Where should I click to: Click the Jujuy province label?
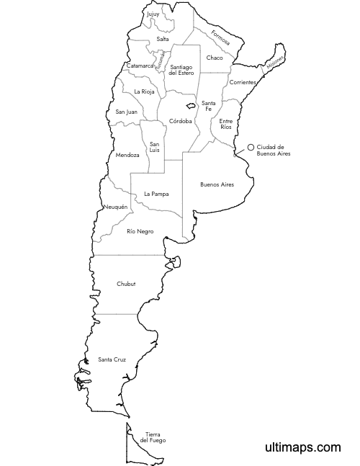(153, 14)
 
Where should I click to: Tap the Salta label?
(163, 39)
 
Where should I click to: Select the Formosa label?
(220, 37)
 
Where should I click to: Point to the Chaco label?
(215, 58)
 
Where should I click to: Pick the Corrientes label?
(243, 82)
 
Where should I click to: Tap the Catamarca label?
(140, 66)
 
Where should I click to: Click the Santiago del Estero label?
(182, 70)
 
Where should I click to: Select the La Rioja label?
(144, 91)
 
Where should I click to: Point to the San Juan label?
(126, 112)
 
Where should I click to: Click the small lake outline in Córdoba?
(190, 106)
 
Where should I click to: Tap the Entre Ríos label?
(226, 124)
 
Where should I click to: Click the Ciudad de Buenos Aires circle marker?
(251, 147)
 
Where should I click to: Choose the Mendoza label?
(127, 155)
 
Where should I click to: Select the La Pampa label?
(156, 194)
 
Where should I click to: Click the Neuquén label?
(116, 207)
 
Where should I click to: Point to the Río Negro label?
(140, 231)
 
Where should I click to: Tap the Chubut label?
(126, 284)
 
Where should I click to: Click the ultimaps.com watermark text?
(301, 447)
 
